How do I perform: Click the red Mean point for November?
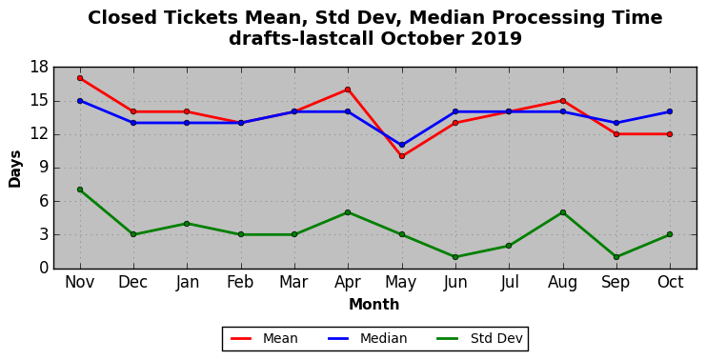pos(80,78)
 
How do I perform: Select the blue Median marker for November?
pos(80,101)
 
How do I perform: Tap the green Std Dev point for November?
pos(80,190)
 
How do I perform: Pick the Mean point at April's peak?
pos(348,90)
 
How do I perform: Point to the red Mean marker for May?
pos(402,156)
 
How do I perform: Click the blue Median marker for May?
pos(402,145)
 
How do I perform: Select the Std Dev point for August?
pos(563,212)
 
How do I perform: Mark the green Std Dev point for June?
pos(455,257)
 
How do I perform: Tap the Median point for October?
pos(670,111)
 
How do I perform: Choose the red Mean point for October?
pos(670,134)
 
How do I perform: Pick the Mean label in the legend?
pos(280,338)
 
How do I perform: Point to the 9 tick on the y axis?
pos(43,168)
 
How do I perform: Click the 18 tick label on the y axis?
pos(39,68)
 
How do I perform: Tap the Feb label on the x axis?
pos(240,282)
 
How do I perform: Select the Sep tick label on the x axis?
pos(615,283)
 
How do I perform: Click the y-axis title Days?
pos(15,169)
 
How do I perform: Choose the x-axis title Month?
pos(374,305)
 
